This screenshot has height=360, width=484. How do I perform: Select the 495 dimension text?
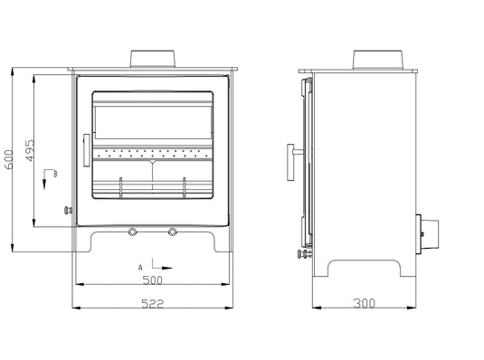coord(31,151)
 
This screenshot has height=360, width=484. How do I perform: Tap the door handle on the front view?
coord(87,149)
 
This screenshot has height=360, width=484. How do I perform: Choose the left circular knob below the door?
coord(134,232)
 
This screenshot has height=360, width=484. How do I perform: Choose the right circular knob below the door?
coord(174,232)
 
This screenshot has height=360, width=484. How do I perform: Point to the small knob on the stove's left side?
coord(66,210)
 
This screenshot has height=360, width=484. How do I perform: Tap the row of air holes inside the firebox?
coord(154,150)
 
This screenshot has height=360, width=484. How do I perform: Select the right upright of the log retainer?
coord(185,187)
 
